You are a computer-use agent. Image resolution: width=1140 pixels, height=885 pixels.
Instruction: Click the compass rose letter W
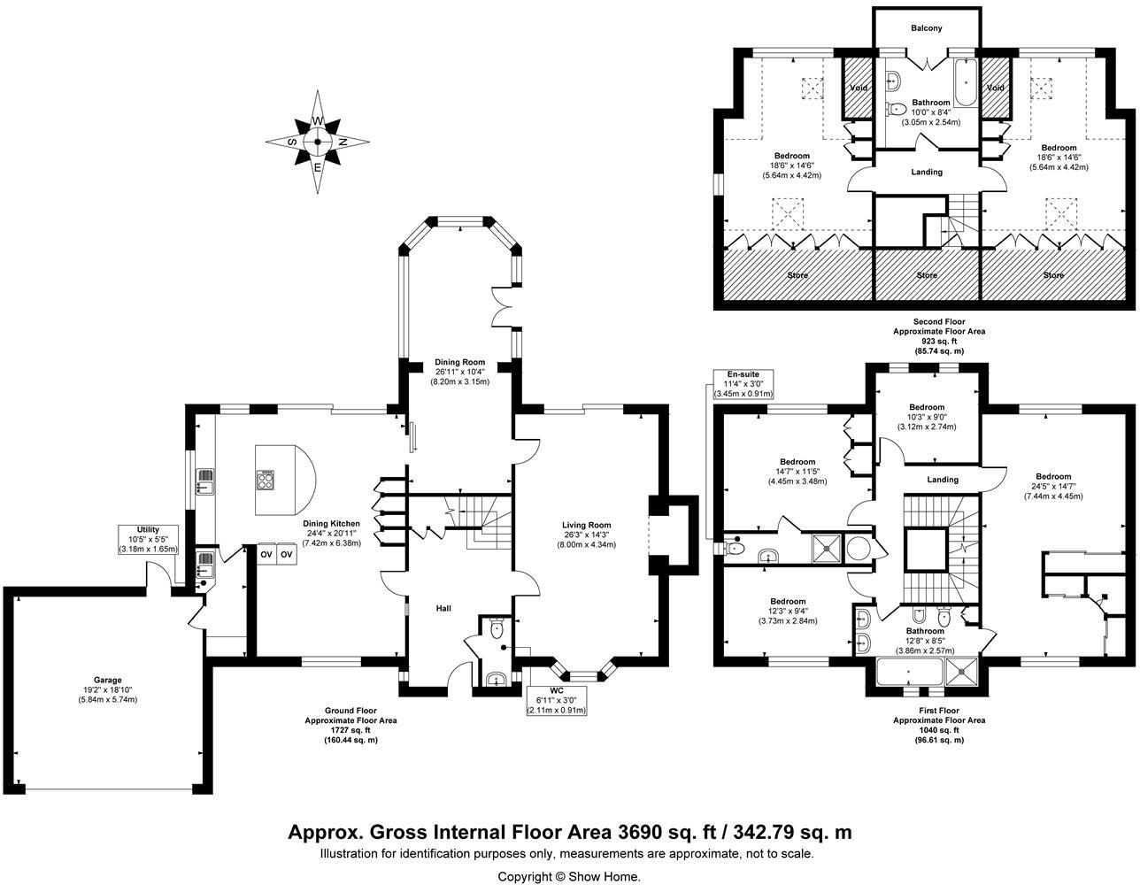tap(318, 121)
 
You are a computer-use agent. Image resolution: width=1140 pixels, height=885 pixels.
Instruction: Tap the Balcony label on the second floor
tap(926, 28)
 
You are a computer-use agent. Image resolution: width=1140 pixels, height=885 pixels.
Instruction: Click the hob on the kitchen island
tap(265, 480)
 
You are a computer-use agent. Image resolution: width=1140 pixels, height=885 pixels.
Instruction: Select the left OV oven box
tap(266, 555)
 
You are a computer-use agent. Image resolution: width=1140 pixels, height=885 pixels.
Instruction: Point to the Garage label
tap(108, 681)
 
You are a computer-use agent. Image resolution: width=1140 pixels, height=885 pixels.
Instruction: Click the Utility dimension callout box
tap(148, 540)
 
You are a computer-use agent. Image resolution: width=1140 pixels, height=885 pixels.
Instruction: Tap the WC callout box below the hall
tap(556, 700)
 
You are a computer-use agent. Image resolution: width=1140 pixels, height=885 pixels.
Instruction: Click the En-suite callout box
tap(743, 384)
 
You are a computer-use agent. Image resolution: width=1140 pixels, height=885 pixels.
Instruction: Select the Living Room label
tap(586, 525)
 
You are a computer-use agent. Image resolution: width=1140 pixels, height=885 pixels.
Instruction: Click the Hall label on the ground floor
tap(443, 609)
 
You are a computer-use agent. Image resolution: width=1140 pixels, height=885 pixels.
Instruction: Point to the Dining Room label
tap(459, 362)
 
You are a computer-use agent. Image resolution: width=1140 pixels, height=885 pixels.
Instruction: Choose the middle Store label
tap(927, 275)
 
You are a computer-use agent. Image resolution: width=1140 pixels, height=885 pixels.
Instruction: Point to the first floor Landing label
tap(943, 480)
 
